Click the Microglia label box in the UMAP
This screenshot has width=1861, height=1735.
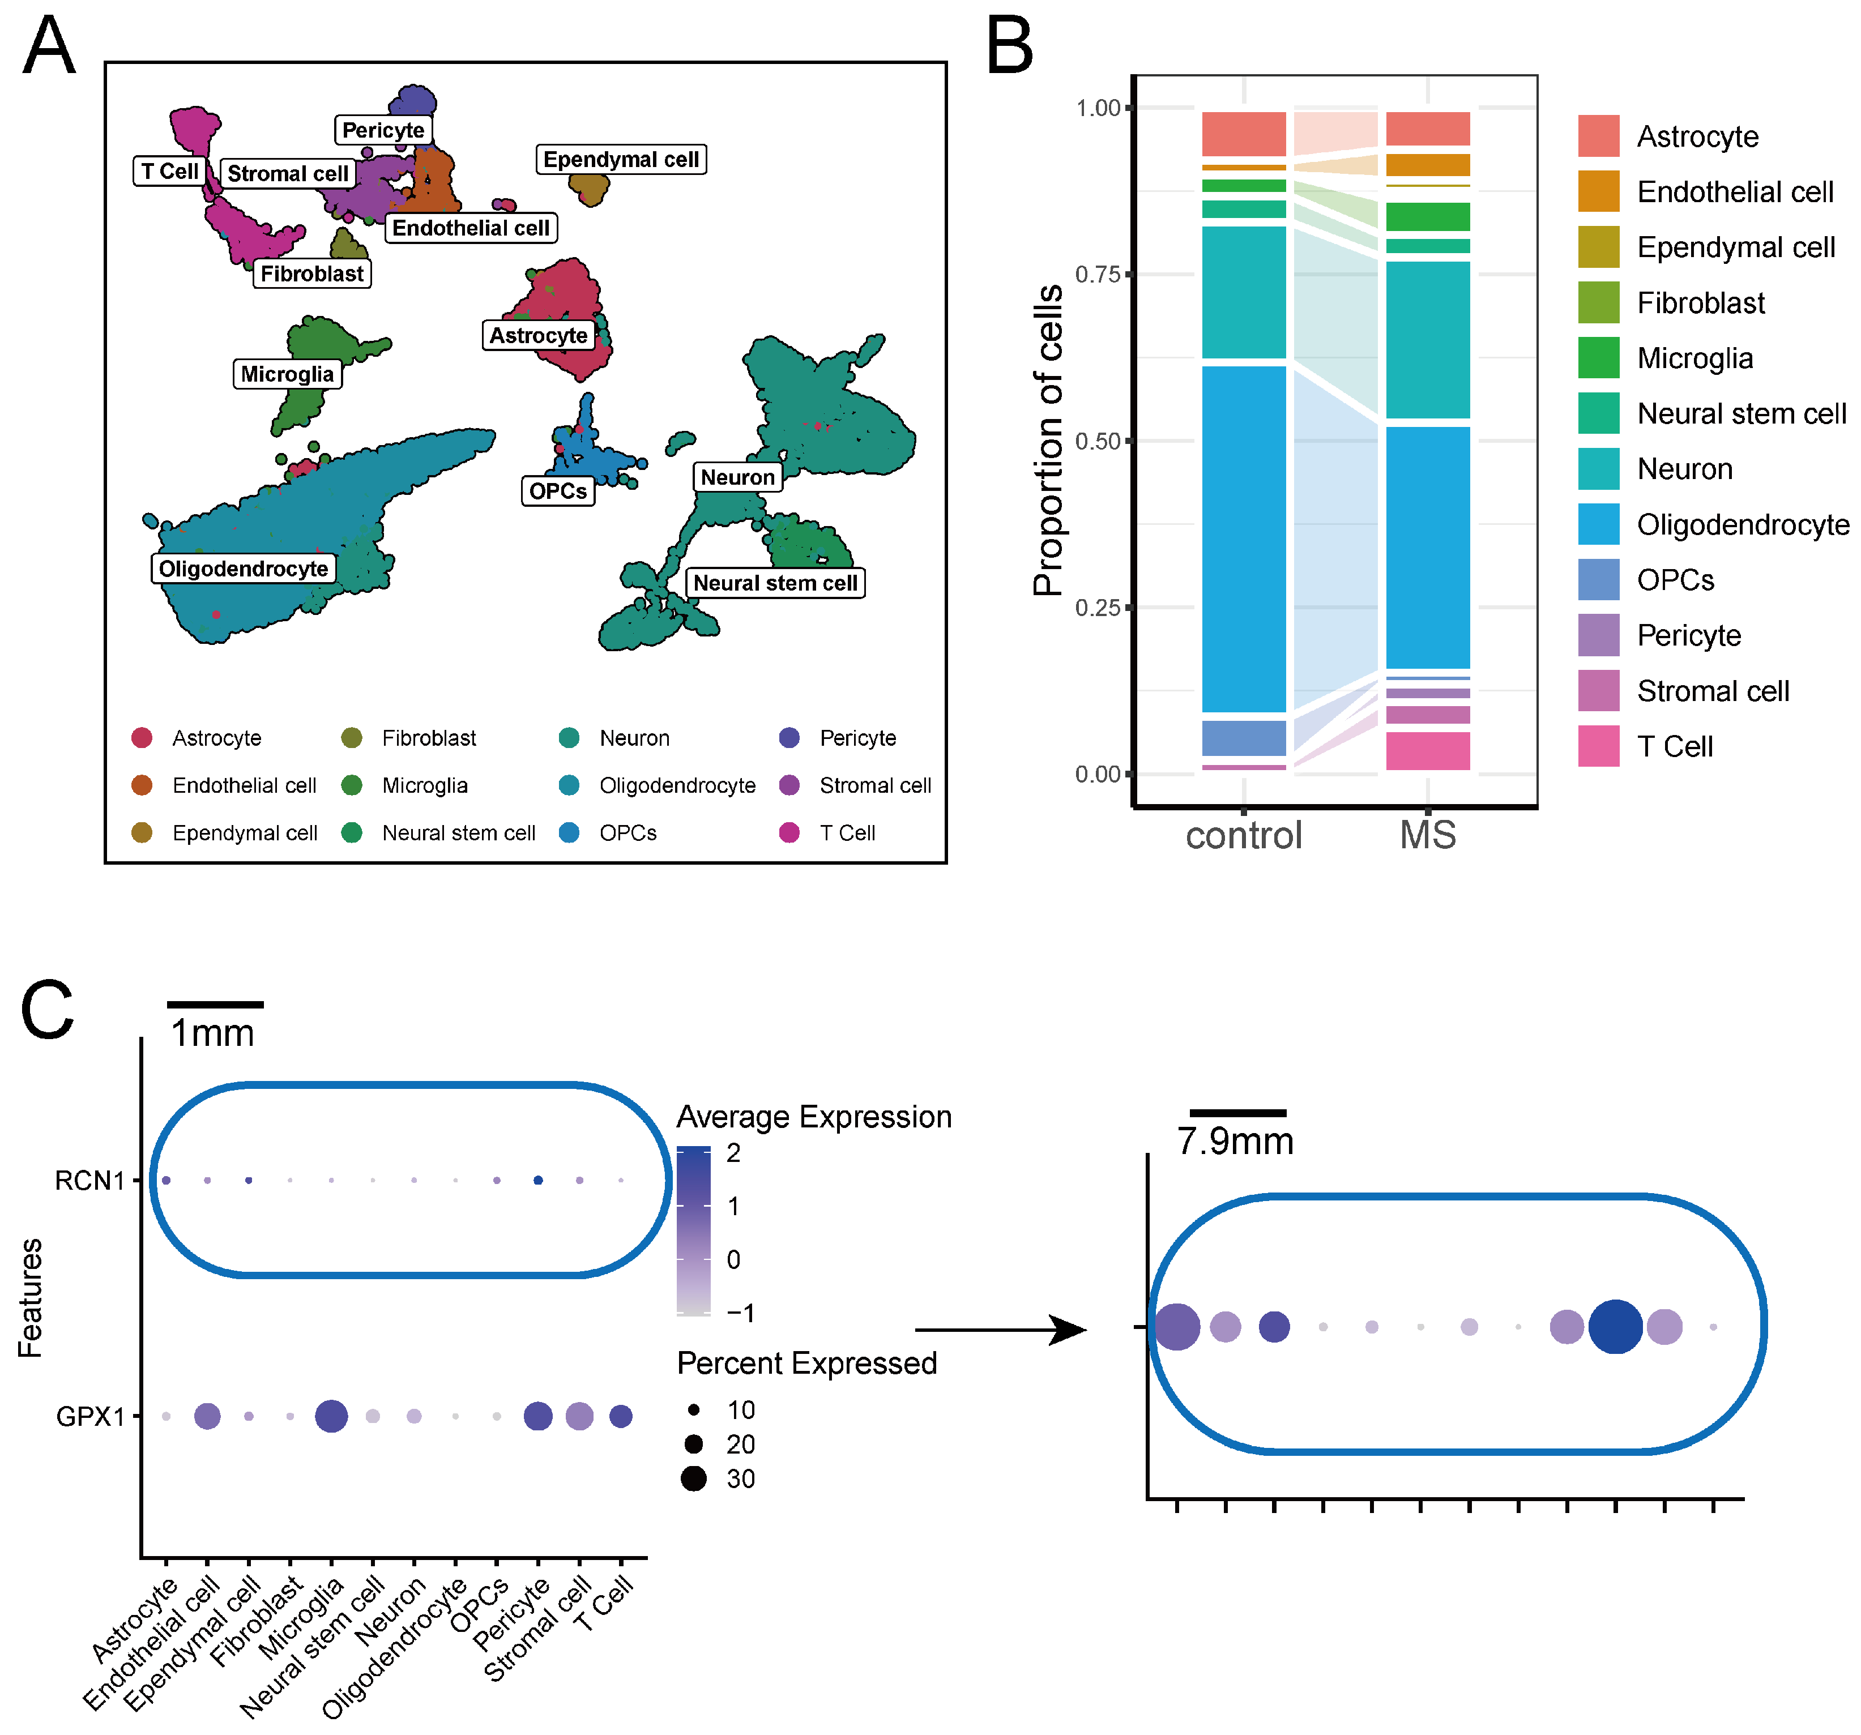[x=287, y=374]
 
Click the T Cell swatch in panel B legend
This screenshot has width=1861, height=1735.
[x=1598, y=746]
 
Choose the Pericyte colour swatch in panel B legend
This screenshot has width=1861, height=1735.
[x=1598, y=635]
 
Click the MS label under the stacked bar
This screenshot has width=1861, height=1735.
[x=1428, y=835]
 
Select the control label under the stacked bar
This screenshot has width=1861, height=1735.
[x=1243, y=835]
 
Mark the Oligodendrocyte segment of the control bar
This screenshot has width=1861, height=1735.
[x=1243, y=538]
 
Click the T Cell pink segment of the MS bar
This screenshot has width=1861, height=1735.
[x=1428, y=750]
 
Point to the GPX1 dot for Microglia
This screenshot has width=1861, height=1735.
[x=331, y=1416]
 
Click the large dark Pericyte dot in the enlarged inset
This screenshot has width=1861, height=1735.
[x=1615, y=1326]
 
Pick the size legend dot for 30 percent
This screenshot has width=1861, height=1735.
[x=694, y=1478]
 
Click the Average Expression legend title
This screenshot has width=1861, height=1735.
[x=813, y=1117]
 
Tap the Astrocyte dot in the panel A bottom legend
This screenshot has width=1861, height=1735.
[x=142, y=737]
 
